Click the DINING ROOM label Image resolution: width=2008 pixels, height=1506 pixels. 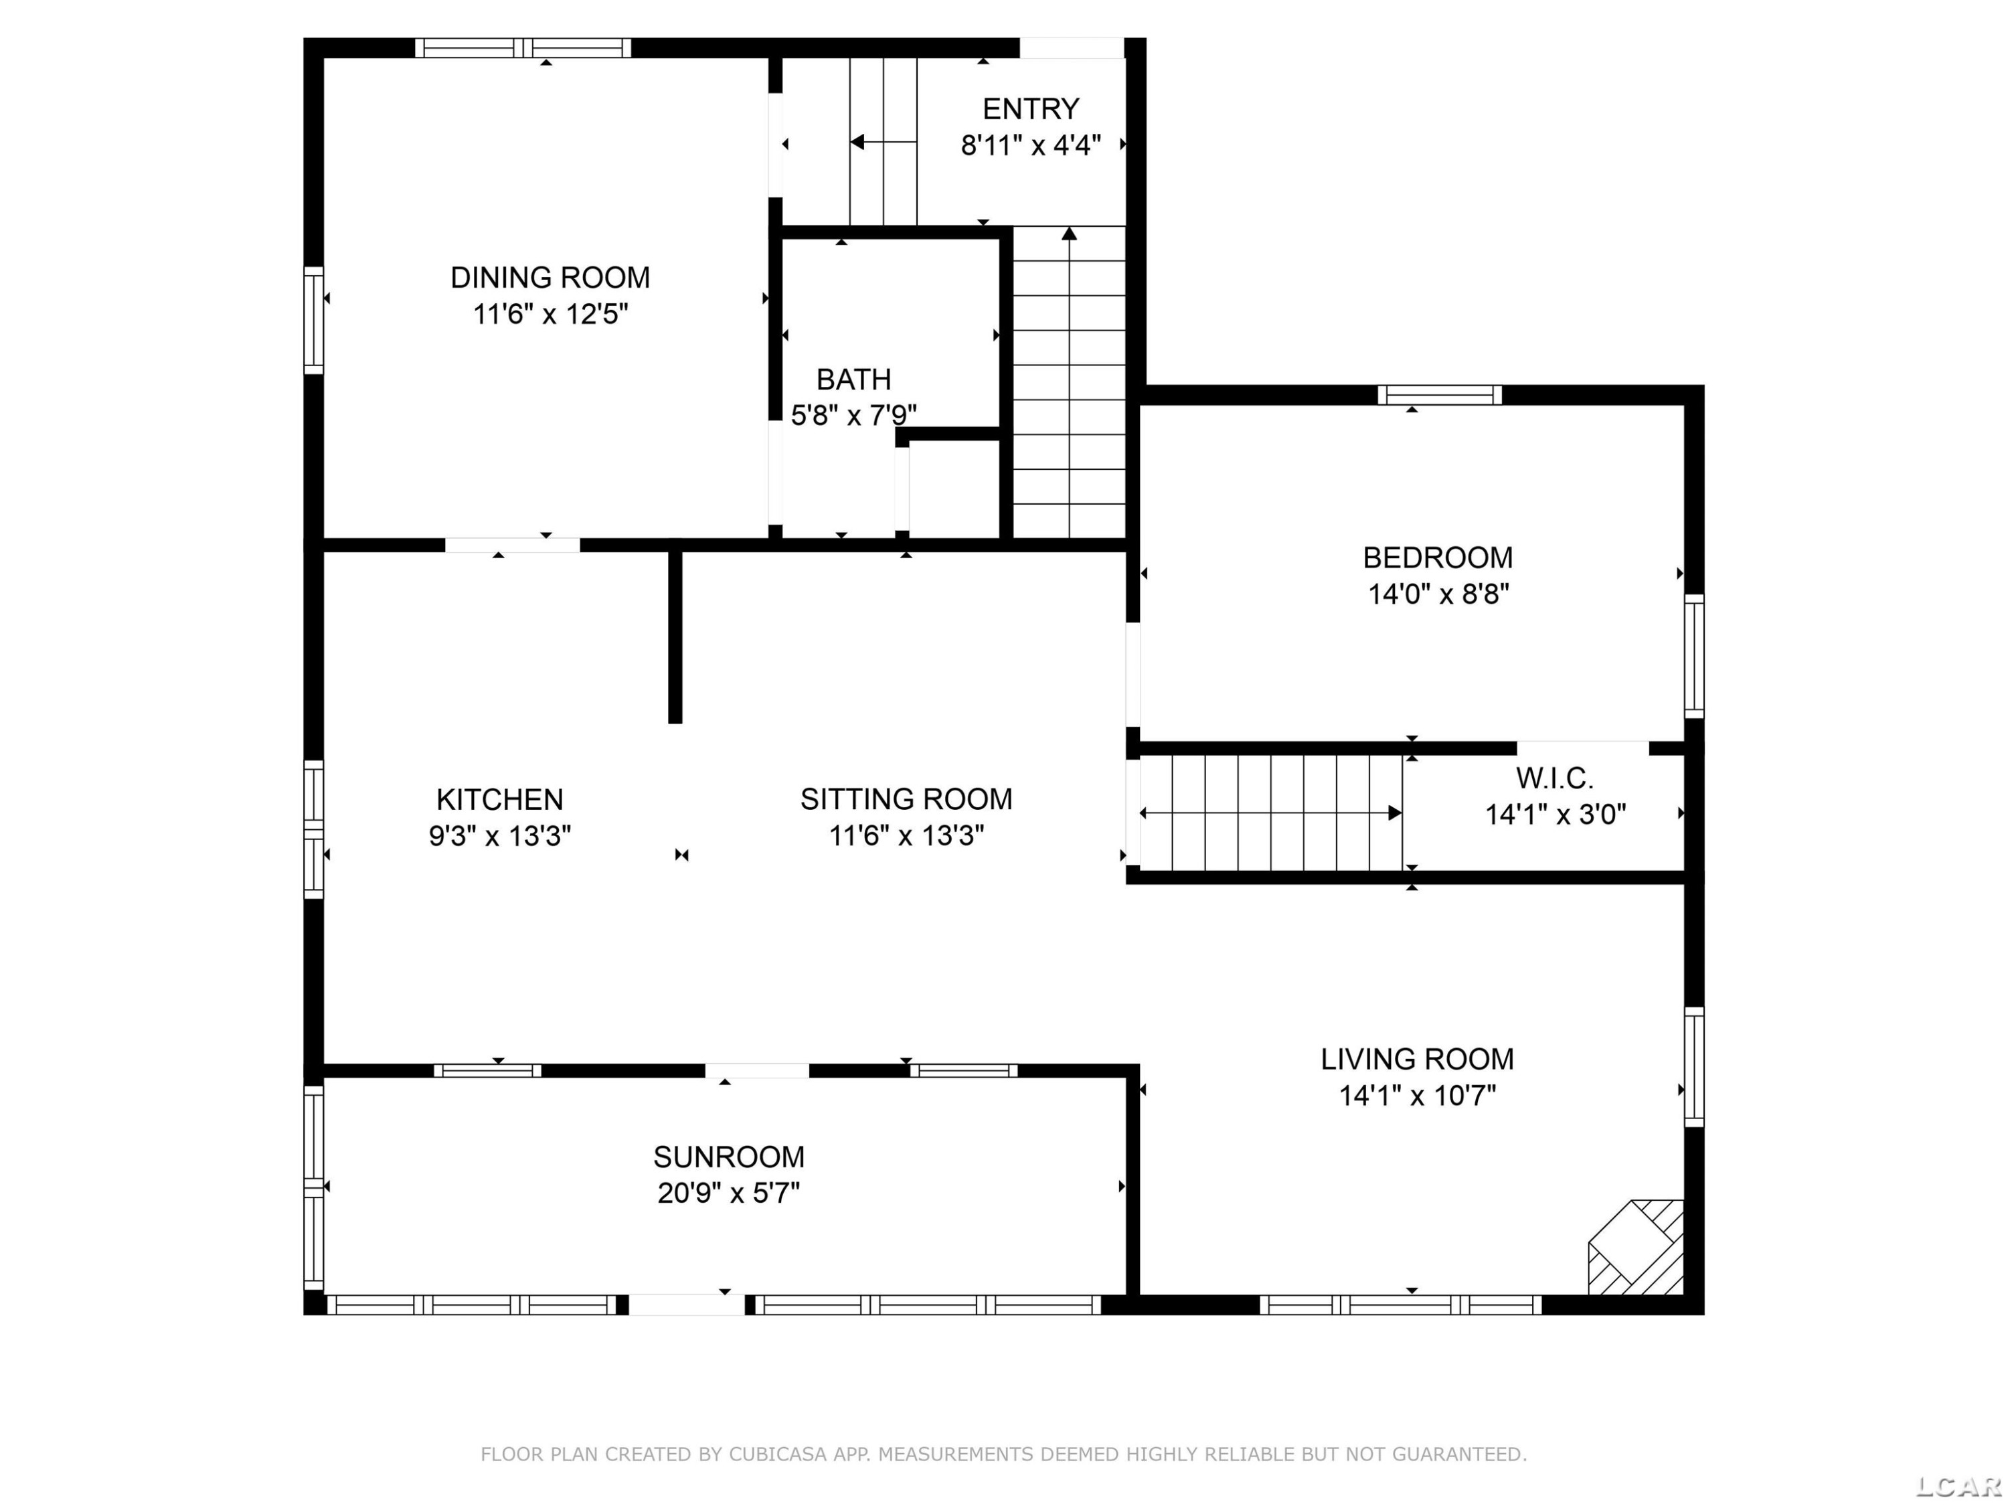tap(550, 277)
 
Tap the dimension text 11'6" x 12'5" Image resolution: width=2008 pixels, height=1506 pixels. tap(550, 314)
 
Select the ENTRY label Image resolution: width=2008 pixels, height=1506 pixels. tap(1030, 109)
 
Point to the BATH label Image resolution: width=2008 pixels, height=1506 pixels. tap(853, 379)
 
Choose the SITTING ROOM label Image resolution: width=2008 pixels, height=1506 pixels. tap(906, 799)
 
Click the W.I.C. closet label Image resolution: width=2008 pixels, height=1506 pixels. tap(1554, 778)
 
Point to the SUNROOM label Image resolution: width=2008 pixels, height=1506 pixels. tap(729, 1157)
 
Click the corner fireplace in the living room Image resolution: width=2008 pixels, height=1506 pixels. tap(1635, 1247)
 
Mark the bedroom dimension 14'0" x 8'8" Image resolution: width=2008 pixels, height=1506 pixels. tap(1438, 594)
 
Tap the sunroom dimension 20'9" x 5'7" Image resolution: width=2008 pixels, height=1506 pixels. tap(729, 1192)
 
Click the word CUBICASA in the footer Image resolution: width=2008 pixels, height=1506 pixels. tap(778, 1454)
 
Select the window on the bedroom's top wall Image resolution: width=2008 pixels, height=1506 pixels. tap(1440, 395)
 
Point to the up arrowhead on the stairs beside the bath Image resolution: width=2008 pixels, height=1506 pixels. tap(1070, 234)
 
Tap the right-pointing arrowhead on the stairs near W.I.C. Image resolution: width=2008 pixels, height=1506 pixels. tap(1396, 813)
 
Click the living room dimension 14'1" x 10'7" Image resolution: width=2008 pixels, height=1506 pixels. tap(1417, 1096)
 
